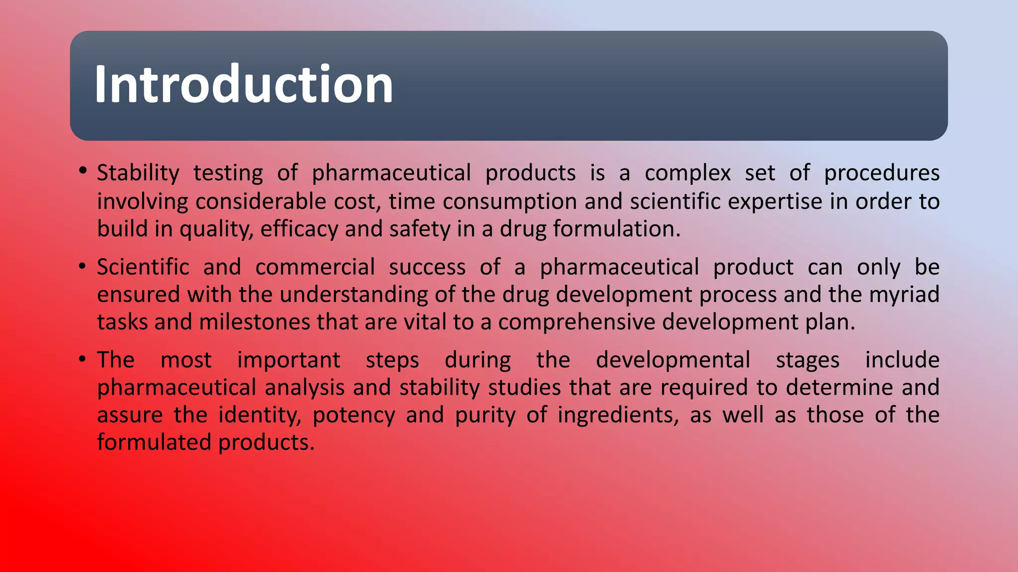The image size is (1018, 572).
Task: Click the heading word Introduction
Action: (x=244, y=84)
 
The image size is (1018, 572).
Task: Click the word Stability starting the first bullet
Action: (x=138, y=173)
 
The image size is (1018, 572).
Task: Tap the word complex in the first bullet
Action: (x=687, y=173)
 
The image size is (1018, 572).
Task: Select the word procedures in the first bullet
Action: (x=881, y=173)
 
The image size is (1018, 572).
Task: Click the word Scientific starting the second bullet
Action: (x=143, y=267)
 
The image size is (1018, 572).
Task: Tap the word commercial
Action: (x=315, y=267)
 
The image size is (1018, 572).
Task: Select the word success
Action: (x=427, y=267)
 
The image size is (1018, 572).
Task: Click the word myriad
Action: (x=904, y=294)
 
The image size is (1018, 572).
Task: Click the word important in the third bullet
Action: (x=288, y=360)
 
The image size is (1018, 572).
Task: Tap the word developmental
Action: (x=673, y=360)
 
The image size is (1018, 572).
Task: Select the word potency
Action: (x=353, y=415)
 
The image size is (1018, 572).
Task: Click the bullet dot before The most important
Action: (x=83, y=358)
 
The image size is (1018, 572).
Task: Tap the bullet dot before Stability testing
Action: (x=83, y=171)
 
